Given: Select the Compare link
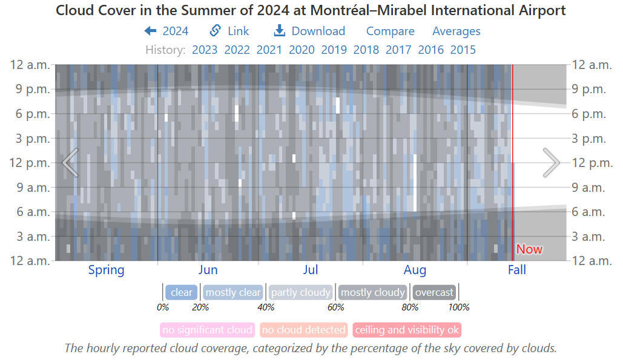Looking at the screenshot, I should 390,31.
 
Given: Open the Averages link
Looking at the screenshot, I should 456,31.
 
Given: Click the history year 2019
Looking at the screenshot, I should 334,50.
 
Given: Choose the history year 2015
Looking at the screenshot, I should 463,50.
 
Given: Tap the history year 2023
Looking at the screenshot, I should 205,50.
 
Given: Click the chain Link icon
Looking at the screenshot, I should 215,31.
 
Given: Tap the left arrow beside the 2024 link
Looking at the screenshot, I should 150,31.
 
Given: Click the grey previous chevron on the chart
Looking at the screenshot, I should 70,163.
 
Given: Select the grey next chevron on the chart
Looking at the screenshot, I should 551,163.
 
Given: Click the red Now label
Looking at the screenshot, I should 529,249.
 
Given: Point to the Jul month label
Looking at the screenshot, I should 311,270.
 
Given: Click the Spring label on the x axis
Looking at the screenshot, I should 107,270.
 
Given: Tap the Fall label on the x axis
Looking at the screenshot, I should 516,270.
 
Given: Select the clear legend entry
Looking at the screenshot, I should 182,293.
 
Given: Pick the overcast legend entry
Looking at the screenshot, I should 434,293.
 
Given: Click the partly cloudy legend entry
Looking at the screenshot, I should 301,293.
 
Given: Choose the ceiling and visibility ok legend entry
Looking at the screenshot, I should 407,330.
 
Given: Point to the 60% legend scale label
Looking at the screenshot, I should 336,307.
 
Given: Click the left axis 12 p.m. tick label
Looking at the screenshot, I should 30,163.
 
